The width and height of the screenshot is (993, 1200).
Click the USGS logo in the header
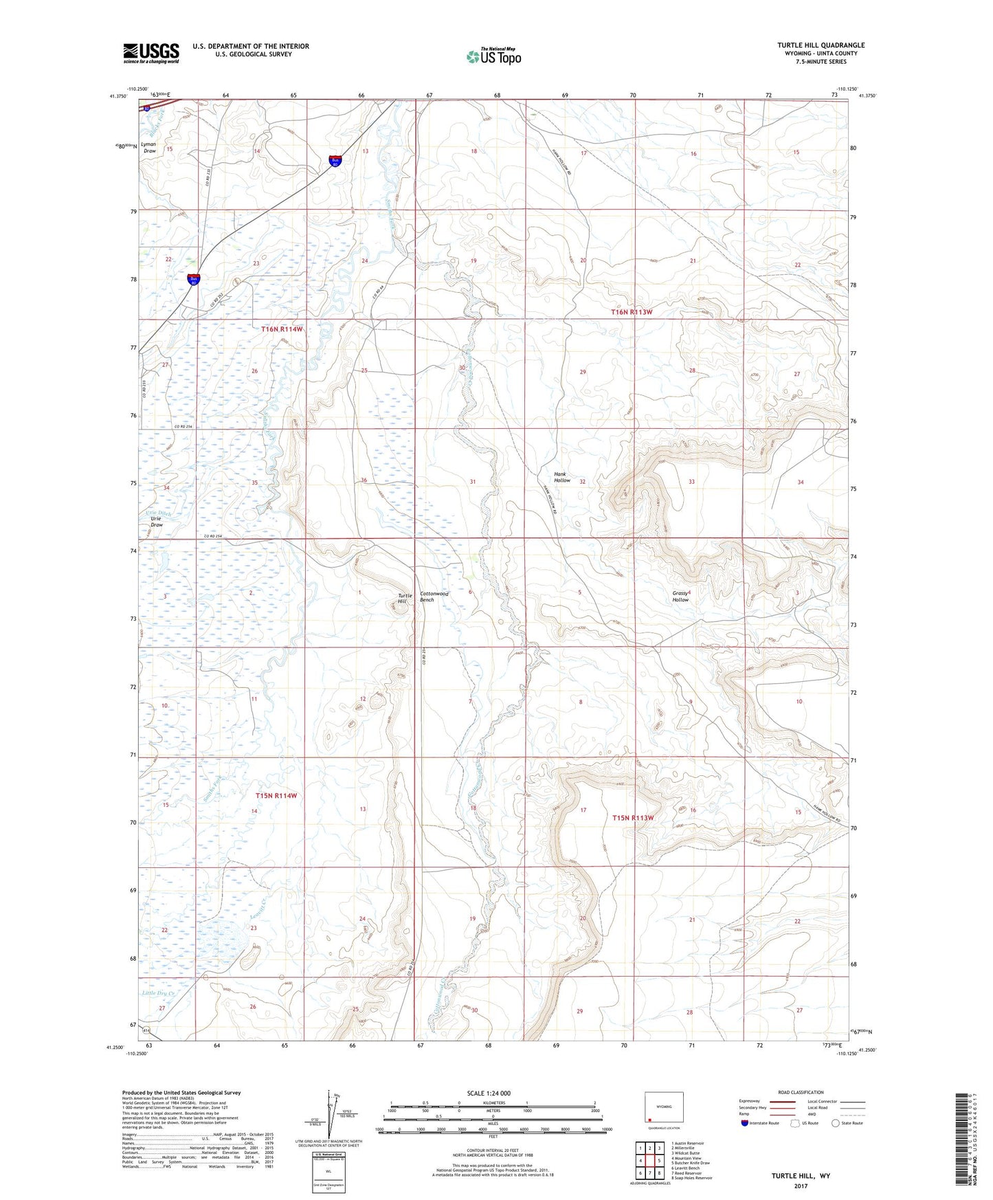pyautogui.click(x=151, y=53)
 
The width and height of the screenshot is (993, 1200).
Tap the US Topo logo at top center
pyautogui.click(x=493, y=56)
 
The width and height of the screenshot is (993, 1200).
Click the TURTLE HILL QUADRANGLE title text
pyautogui.click(x=821, y=45)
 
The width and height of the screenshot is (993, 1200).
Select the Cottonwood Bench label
pyautogui.click(x=434, y=597)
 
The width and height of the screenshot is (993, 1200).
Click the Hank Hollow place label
pyautogui.click(x=562, y=477)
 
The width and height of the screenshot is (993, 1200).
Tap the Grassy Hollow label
pyautogui.click(x=680, y=596)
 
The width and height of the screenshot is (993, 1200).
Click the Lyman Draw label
pyautogui.click(x=150, y=148)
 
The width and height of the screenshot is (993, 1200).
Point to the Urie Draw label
pyautogui.click(x=157, y=521)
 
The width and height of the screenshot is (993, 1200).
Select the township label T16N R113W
pyautogui.click(x=631, y=312)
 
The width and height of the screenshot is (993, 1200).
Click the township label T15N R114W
pyautogui.click(x=277, y=795)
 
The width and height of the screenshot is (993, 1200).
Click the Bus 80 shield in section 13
pyautogui.click(x=335, y=162)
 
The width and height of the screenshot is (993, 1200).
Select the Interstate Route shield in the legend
pyautogui.click(x=746, y=1123)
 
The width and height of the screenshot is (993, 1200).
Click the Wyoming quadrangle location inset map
pyautogui.click(x=664, y=1107)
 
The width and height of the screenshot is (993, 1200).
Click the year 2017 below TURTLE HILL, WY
pyautogui.click(x=800, y=1186)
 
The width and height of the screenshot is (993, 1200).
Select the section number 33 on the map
pyautogui.click(x=691, y=482)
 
